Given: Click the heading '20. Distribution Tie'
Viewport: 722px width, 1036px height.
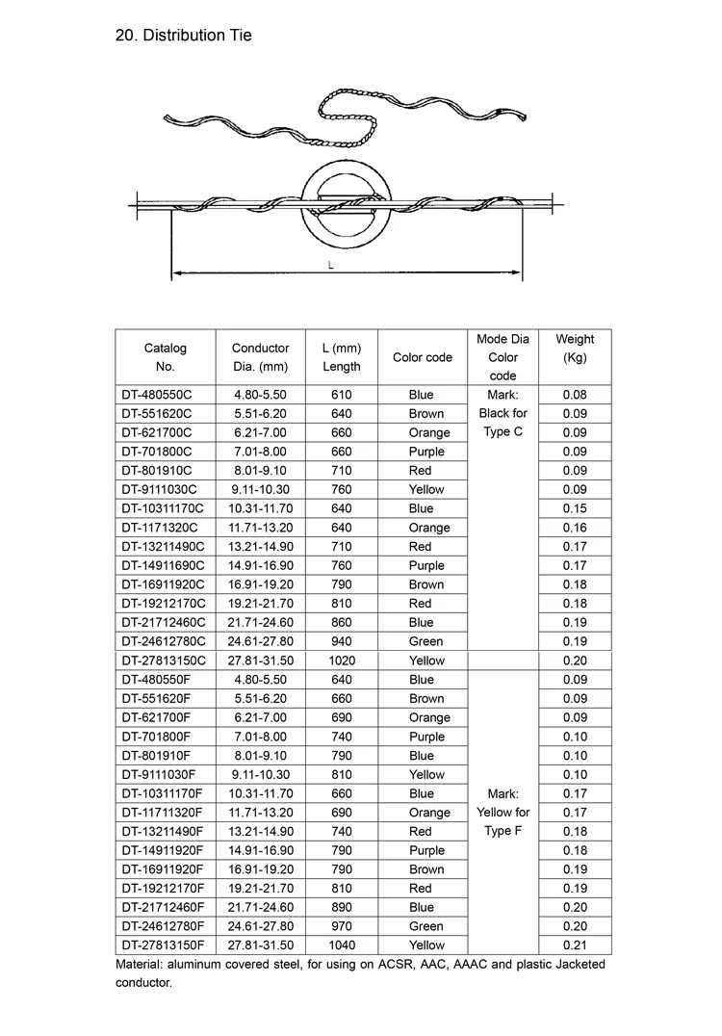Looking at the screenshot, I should point(183,36).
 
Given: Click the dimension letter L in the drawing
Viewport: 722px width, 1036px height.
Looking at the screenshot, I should point(331,266).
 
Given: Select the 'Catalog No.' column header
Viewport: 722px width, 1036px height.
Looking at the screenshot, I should point(165,356).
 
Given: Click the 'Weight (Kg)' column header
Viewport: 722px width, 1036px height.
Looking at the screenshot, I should point(575,348).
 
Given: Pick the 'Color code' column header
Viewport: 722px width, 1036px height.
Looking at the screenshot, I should point(422,357).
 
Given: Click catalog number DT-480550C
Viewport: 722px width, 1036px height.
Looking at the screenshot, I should point(157,395).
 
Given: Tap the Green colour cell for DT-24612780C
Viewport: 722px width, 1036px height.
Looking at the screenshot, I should point(425,641).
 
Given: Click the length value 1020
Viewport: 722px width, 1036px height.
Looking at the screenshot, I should point(342,660).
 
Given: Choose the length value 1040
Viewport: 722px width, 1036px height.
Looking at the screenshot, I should point(342,945).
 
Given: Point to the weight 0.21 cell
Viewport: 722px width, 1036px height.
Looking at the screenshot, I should point(575,945).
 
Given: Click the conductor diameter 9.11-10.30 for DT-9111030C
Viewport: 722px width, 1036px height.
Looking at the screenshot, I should point(260,489).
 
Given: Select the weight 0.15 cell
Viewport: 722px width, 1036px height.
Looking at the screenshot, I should point(575,508).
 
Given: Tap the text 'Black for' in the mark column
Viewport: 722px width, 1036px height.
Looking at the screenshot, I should point(503,413).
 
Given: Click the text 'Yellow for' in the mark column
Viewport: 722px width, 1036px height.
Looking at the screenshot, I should point(503,813).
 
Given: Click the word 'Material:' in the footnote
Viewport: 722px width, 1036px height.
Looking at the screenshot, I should point(143,964).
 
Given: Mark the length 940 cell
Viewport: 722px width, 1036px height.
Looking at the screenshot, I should point(342,641).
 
